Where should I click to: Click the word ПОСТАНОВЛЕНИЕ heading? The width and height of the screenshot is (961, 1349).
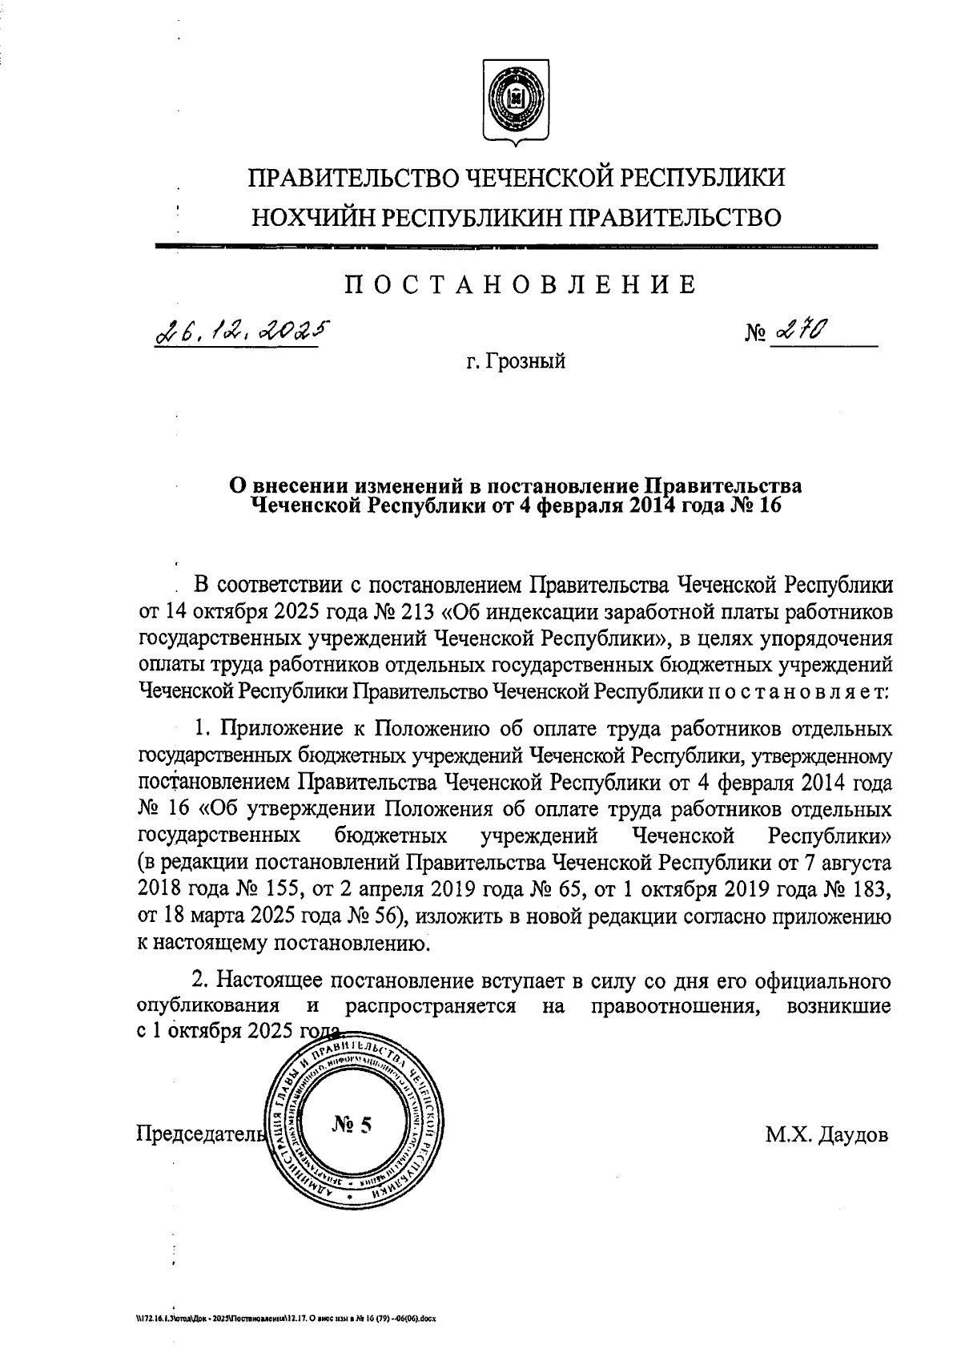(520, 285)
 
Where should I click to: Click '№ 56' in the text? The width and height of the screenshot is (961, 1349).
(372, 916)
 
